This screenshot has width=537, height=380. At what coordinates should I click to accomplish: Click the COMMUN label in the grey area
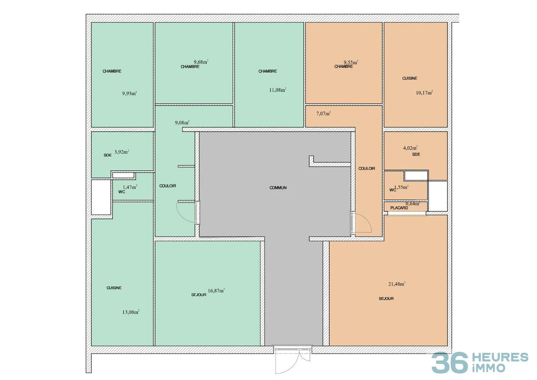pyautogui.click(x=278, y=188)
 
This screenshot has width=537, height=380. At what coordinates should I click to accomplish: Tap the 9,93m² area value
pyautogui.click(x=130, y=93)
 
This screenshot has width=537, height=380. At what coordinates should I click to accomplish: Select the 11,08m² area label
pyautogui.click(x=278, y=90)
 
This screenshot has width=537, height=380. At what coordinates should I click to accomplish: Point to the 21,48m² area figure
pyautogui.click(x=397, y=284)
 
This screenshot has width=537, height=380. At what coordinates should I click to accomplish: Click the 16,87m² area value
pyautogui.click(x=216, y=291)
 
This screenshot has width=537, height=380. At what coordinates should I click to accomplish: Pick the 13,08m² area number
pyautogui.click(x=131, y=312)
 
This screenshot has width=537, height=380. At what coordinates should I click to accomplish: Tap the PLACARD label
pyautogui.click(x=399, y=208)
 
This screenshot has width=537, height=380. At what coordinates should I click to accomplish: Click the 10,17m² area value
pyautogui.click(x=424, y=93)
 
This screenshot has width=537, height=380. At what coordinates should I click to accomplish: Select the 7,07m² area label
pyautogui.click(x=324, y=113)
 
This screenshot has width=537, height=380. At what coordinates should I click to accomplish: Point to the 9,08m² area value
pyautogui.click(x=182, y=122)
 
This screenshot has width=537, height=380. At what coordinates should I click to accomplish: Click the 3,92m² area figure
pyautogui.click(x=122, y=152)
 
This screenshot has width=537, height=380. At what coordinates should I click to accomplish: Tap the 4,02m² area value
pyautogui.click(x=410, y=148)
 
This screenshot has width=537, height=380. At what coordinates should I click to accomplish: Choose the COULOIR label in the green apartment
pyautogui.click(x=167, y=186)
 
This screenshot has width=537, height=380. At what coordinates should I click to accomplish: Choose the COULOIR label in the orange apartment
pyautogui.click(x=367, y=169)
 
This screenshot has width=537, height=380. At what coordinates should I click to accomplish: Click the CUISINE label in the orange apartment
pyautogui.click(x=410, y=78)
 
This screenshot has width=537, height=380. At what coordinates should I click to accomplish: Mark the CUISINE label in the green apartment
pyautogui.click(x=114, y=288)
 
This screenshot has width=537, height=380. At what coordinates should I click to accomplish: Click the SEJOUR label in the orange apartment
pyautogui.click(x=386, y=299)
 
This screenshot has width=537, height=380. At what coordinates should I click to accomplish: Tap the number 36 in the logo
pyautogui.click(x=449, y=363)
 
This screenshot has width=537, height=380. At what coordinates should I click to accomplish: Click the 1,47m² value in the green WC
pyautogui.click(x=130, y=187)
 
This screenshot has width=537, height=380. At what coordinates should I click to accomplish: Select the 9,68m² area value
pyautogui.click(x=201, y=62)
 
